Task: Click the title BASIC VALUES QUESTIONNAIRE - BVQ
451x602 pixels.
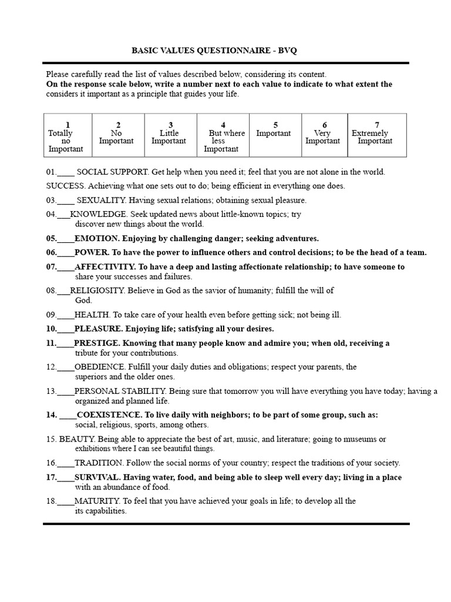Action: tap(214, 51)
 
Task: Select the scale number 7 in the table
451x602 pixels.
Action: tap(377, 125)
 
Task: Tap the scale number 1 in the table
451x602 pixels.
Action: tap(68, 125)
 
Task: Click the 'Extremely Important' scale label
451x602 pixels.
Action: tap(372, 137)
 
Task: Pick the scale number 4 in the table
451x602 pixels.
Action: tap(223, 125)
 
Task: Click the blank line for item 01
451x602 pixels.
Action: tap(66, 172)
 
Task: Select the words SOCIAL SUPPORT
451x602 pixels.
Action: tap(113, 172)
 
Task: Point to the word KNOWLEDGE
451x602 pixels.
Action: tap(99, 214)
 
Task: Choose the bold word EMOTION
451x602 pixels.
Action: tap(96, 239)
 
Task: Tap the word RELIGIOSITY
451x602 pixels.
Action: tap(97, 290)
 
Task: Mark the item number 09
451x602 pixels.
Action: tap(51, 315)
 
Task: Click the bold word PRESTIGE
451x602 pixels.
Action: tap(96, 343)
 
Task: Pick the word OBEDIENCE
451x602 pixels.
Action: tap(99, 367)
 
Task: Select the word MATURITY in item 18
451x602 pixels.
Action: tap(97, 501)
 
